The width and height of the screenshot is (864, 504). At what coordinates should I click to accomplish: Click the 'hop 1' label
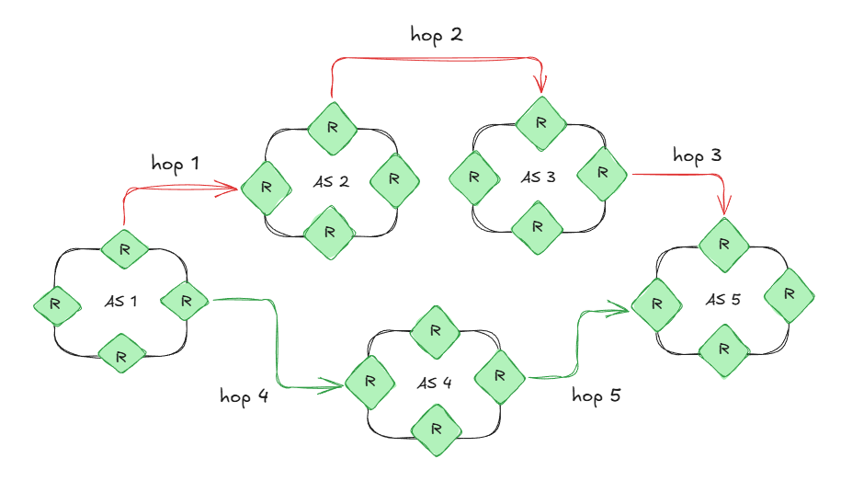(x=175, y=163)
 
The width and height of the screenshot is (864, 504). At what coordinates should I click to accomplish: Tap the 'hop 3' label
(x=697, y=155)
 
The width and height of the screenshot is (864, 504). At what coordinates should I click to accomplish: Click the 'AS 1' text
(x=119, y=300)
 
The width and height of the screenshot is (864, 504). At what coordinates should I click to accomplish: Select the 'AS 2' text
(x=330, y=181)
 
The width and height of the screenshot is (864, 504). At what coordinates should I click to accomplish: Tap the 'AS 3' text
(x=539, y=178)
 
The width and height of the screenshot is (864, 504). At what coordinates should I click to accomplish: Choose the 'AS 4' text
(x=433, y=383)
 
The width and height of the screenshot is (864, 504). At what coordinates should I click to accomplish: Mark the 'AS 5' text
(x=723, y=299)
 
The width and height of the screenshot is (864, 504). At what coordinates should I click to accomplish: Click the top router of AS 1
(x=123, y=247)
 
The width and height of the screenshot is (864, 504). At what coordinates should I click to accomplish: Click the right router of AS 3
(x=602, y=172)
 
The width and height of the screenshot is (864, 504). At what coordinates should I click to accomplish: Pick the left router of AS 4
(x=369, y=380)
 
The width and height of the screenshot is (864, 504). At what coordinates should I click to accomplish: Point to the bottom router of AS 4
(x=436, y=430)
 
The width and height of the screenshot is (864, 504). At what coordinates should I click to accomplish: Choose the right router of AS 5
(x=789, y=294)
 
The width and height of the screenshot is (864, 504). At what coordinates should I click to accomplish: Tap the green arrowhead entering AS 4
(x=335, y=387)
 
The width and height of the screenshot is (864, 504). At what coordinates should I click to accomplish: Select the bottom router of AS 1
(x=122, y=352)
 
